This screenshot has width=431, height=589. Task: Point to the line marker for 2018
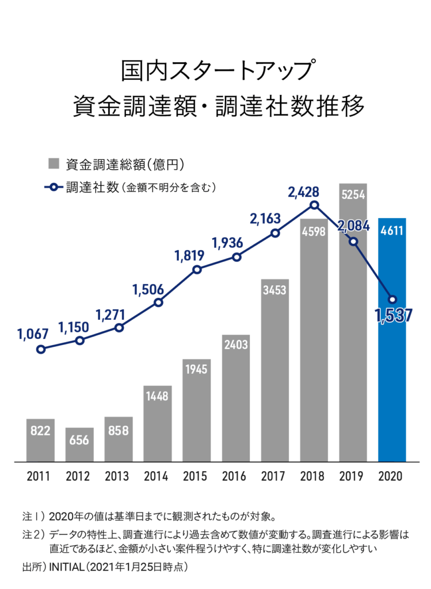click(314, 205)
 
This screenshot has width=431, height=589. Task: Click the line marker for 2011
click(40, 349)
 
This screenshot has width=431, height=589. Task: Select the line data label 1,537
click(394, 315)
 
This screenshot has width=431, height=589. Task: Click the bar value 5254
click(353, 195)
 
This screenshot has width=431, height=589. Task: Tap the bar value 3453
click(274, 290)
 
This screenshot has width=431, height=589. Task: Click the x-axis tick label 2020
click(392, 477)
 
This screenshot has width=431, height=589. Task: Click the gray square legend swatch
click(54, 163)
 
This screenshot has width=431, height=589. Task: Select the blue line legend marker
click(54, 187)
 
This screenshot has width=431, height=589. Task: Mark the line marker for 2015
click(197, 269)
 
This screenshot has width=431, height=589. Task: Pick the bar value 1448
click(157, 397)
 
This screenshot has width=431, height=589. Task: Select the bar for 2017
click(274, 374)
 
